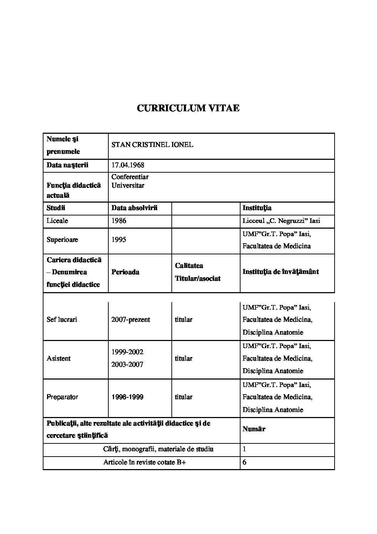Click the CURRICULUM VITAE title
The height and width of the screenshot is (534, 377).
[188, 108]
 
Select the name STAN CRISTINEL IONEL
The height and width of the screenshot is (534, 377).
[152, 145]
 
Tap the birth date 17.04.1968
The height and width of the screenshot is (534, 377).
[128, 165]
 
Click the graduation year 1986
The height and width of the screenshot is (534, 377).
[119, 221]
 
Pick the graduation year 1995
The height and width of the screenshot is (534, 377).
[119, 240]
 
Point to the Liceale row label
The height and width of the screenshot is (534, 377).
[57, 221]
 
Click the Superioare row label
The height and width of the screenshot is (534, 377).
[62, 240]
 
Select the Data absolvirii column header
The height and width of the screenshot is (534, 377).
[134, 208]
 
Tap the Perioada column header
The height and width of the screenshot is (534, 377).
[125, 272]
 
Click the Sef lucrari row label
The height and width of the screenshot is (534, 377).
[62, 320]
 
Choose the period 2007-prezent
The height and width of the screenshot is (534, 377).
[130, 320]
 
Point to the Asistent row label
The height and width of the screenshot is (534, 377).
[59, 358]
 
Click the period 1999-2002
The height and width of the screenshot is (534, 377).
[127, 352]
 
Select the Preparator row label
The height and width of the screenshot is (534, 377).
[62, 397]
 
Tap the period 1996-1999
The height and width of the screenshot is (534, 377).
[127, 397]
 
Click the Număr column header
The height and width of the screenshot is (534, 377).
[254, 429]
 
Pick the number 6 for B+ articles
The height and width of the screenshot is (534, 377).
[244, 463]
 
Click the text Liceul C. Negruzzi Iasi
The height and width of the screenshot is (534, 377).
[281, 221]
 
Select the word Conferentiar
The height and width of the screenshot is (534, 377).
[130, 177]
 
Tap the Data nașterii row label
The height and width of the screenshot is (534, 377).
[67, 165]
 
